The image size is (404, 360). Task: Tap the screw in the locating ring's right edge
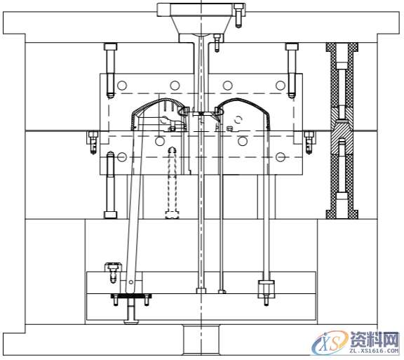click(238, 16)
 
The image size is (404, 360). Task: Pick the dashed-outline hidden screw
click(172, 182)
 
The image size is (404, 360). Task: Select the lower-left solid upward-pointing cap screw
click(111, 185)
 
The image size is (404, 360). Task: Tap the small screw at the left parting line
click(93, 142)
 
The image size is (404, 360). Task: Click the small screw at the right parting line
click(309, 142)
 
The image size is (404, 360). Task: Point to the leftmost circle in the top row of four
click(122, 86)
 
